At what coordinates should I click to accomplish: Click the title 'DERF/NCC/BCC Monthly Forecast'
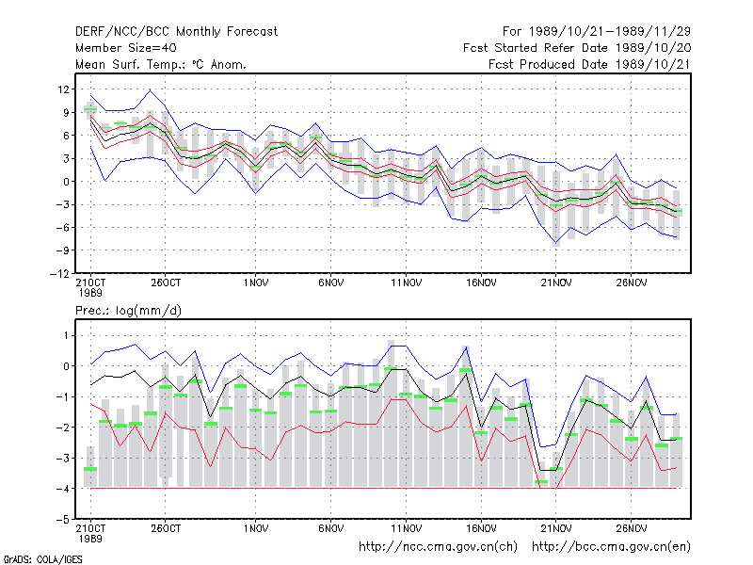pos(176,32)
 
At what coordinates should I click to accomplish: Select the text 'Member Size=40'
pos(126,48)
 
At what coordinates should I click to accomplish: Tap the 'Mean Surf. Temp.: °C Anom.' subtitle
pos(160,64)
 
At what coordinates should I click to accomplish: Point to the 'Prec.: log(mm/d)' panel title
pos(128,311)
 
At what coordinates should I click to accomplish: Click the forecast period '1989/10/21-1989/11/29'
pos(610,32)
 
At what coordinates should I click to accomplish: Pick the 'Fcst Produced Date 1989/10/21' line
pos(590,64)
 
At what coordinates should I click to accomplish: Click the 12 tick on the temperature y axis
pos(63,89)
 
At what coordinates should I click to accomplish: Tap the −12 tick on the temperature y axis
pos(59,273)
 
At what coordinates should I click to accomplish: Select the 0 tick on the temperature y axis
pos(66,182)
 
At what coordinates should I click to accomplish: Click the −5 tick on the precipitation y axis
pos(62,520)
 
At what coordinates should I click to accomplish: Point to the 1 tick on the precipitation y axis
pos(66,335)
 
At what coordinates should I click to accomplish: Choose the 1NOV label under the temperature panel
pos(256,283)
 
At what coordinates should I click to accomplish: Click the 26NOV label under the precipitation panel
pos(632,528)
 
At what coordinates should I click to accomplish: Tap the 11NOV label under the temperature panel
pos(407,283)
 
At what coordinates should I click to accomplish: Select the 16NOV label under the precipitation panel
pos(481,528)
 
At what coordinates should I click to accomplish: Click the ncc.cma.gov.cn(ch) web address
pos(438,547)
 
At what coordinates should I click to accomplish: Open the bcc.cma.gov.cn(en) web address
pos(611,547)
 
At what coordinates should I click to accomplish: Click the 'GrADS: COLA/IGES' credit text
pos(42,559)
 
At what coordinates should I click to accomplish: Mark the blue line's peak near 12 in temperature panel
pos(151,89)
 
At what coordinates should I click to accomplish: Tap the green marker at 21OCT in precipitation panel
pos(90,469)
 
